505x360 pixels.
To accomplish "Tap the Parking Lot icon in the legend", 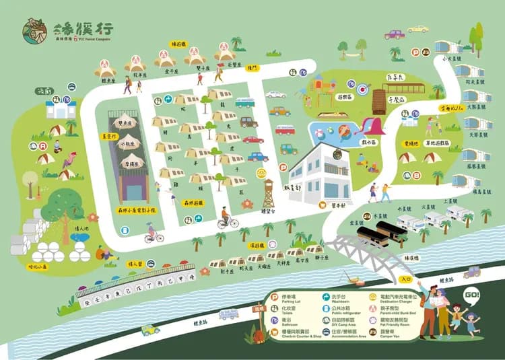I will click(x=274, y=297).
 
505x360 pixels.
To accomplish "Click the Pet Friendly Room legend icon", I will click(x=373, y=322).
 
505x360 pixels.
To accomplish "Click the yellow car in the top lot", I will click(x=418, y=29).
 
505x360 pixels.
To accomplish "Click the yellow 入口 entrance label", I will click(x=405, y=277).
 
